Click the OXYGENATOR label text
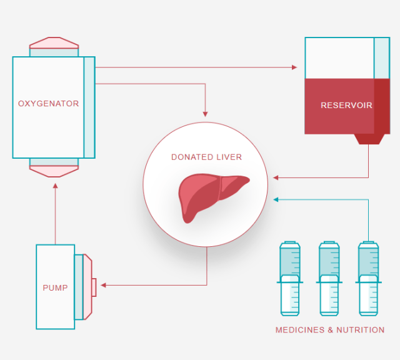click(x=48, y=103)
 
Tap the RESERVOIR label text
click(x=346, y=105)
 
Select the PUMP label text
click(x=55, y=288)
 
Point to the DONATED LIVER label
click(x=206, y=157)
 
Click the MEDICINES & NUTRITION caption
click(x=330, y=329)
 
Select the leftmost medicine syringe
click(x=289, y=278)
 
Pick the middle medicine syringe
click(x=329, y=278)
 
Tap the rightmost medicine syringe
click(x=368, y=278)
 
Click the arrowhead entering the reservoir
click(x=294, y=67)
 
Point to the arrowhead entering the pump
click(x=103, y=286)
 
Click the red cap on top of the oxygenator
click(x=54, y=42)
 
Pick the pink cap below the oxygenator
click(x=54, y=171)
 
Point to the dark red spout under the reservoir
click(x=368, y=139)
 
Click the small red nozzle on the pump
click(x=94, y=287)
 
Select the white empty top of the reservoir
click(x=339, y=57)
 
